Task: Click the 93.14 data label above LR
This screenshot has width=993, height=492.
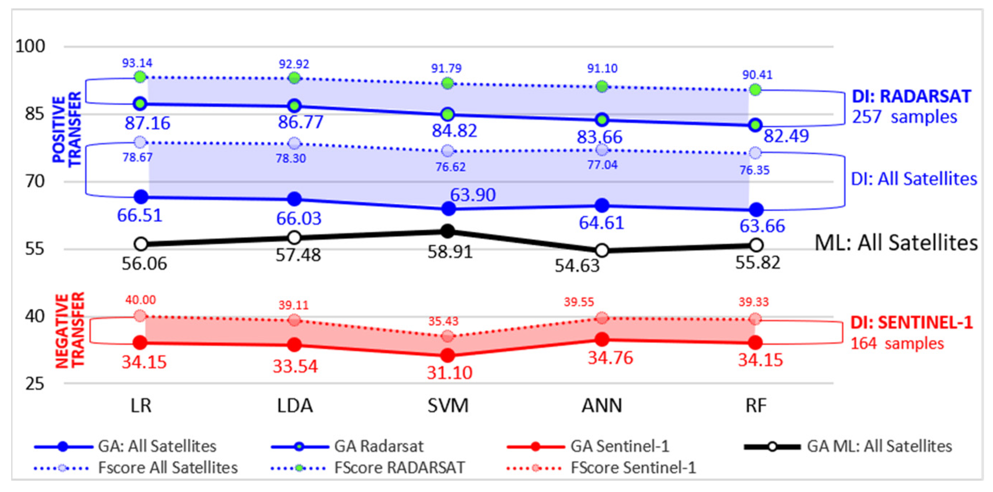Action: tap(137, 63)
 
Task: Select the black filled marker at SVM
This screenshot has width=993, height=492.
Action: tap(447, 231)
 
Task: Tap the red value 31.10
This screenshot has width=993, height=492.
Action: tap(450, 373)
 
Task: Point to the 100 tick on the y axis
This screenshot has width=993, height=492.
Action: tap(30, 46)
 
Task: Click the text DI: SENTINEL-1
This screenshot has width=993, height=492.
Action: tap(912, 323)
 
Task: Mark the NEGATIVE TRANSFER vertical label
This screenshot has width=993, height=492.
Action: tap(69, 331)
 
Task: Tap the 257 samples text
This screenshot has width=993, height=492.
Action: tap(904, 116)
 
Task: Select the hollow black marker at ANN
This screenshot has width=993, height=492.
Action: tap(602, 251)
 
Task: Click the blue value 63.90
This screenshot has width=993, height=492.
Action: tap(473, 195)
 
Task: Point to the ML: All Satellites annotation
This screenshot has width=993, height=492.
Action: tap(896, 243)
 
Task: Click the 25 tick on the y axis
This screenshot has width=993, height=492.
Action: tap(35, 384)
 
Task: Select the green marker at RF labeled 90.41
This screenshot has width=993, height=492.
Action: tap(755, 90)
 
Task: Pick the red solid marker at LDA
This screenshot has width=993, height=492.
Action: tap(295, 345)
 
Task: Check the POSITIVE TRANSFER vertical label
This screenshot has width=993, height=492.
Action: tap(67, 129)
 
